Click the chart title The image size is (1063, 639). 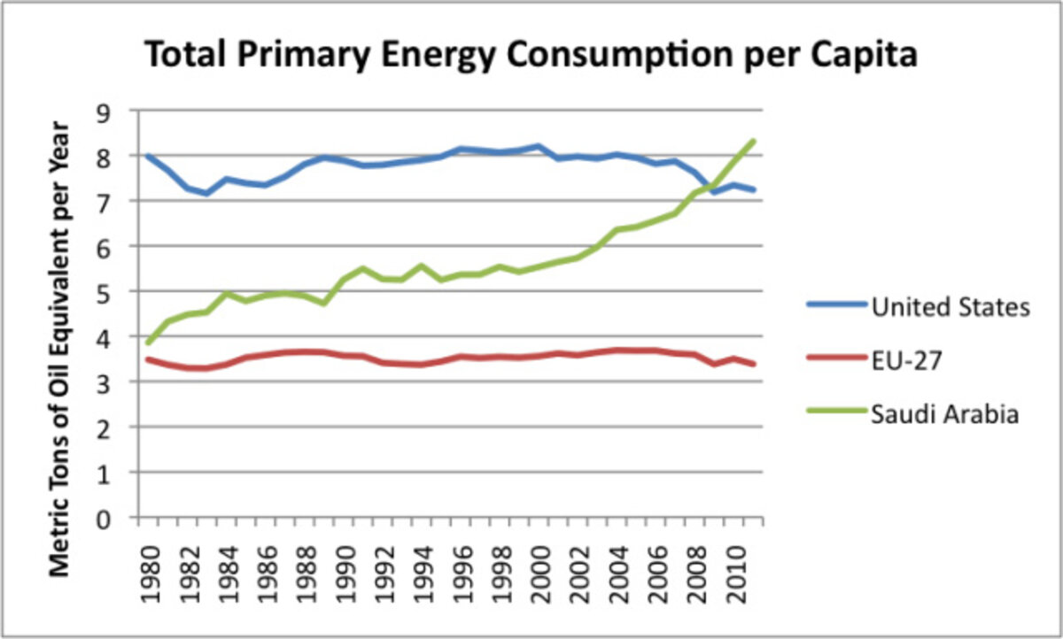pos(531,56)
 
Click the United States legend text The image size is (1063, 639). pos(950,307)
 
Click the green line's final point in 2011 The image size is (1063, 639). pos(754,141)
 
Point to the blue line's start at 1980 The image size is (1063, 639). pos(147,156)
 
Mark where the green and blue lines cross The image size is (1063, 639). pos(714,189)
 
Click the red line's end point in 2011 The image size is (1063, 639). pos(754,364)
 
